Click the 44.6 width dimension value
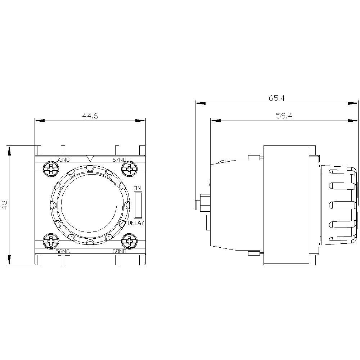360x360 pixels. [x=90, y=116]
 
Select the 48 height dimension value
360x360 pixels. [x=5, y=205]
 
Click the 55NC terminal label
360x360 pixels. [x=63, y=160]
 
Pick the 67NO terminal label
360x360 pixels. [x=119, y=160]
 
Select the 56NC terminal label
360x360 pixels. [x=63, y=251]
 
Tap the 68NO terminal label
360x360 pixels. [x=119, y=251]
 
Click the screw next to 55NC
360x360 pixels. [x=52, y=168]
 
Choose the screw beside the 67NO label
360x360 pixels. [x=128, y=168]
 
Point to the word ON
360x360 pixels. [x=137, y=188]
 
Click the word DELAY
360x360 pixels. [x=136, y=223]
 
